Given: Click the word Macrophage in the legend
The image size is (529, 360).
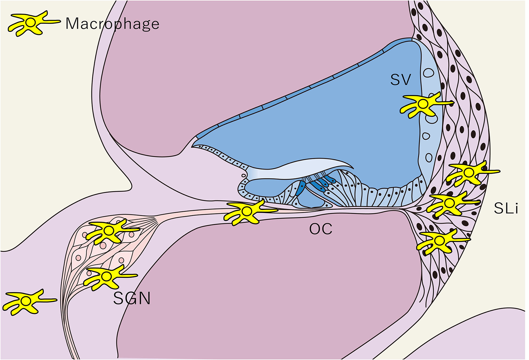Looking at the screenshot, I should tap(112, 24).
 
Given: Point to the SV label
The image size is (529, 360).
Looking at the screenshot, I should tap(401, 79).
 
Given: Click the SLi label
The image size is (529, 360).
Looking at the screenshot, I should tap(506, 208).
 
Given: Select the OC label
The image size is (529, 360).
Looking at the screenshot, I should tap(321, 229).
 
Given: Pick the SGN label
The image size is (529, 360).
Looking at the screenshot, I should tap(132, 298).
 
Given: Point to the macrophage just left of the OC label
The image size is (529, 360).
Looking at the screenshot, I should tap(247, 212).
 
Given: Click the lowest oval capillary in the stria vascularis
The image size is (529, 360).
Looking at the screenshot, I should tap(429, 157).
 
